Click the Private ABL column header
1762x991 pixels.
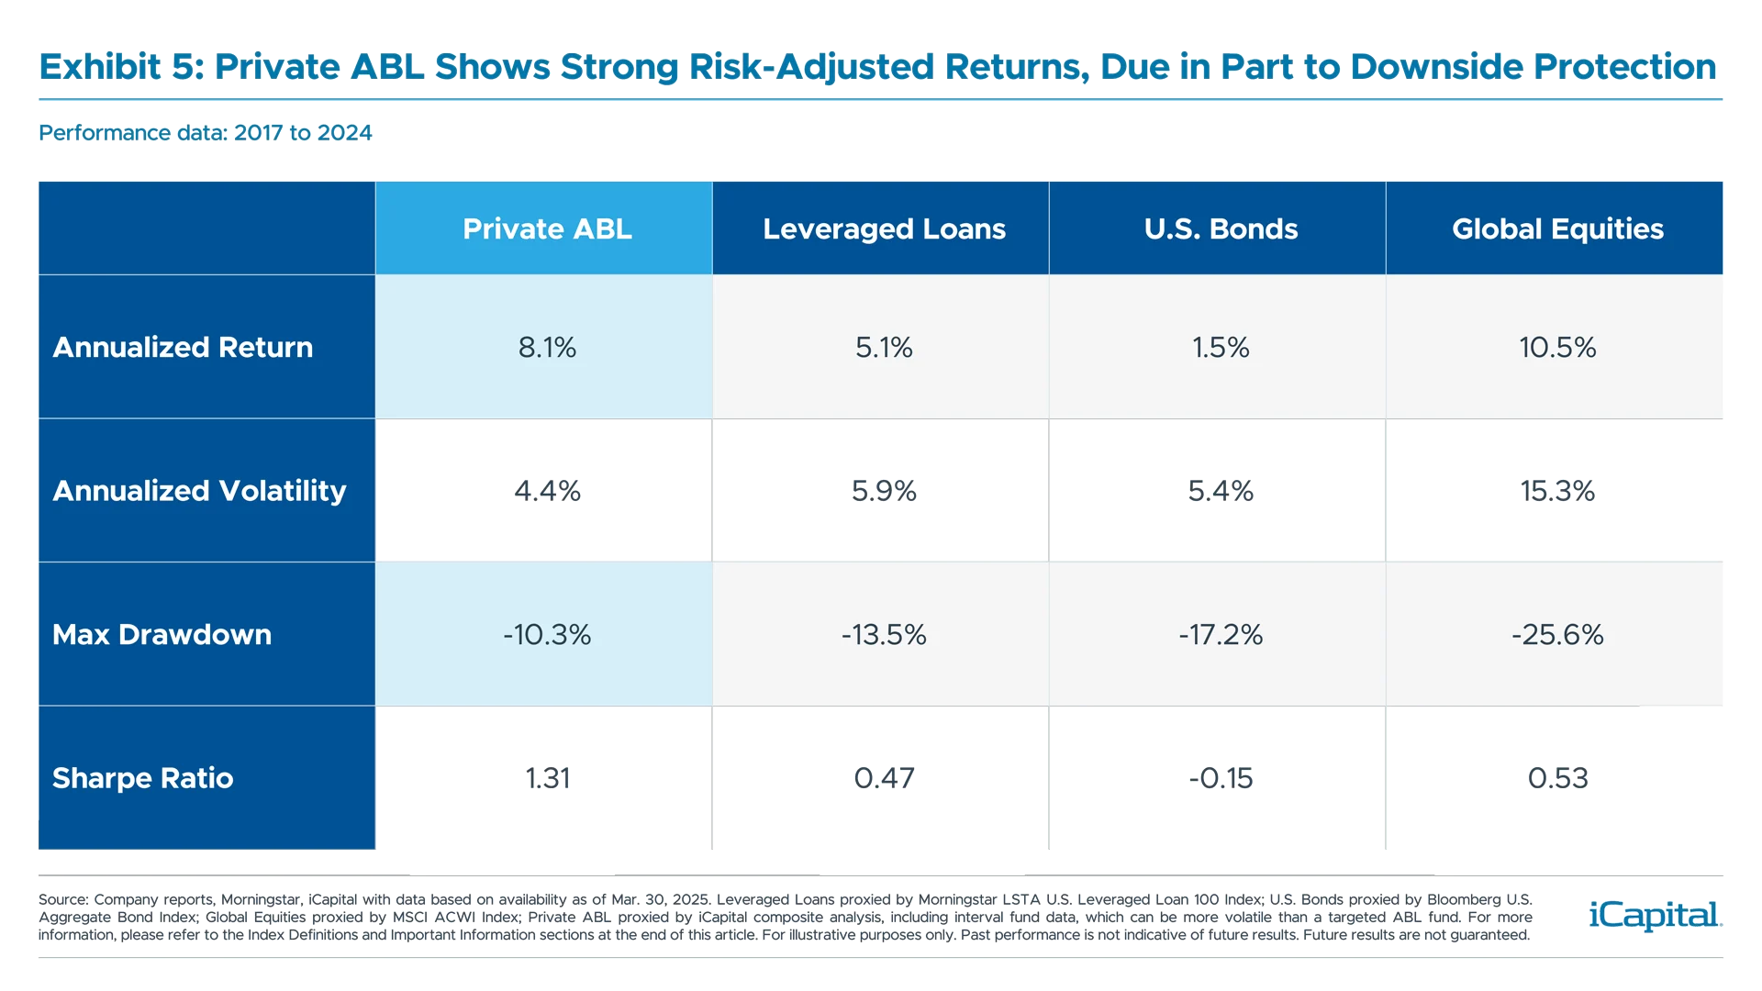(x=547, y=228)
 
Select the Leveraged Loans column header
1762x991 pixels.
(x=884, y=228)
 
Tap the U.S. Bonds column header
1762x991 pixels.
(x=1221, y=228)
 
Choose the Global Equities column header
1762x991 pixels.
(x=1557, y=228)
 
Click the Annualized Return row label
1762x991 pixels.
(x=183, y=347)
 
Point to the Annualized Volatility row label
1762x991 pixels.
(x=199, y=491)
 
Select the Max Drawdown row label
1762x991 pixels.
(x=162, y=634)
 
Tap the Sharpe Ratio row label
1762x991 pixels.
(x=142, y=778)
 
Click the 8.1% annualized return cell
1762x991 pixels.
(x=547, y=347)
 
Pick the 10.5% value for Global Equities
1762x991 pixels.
(x=1557, y=347)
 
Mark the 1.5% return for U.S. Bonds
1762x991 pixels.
(x=1221, y=347)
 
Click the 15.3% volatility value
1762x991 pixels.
(x=1557, y=491)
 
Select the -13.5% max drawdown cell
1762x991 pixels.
(x=884, y=634)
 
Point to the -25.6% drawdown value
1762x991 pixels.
(x=1557, y=634)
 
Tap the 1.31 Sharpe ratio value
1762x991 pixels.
(x=548, y=778)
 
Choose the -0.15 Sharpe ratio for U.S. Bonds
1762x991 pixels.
(x=1221, y=778)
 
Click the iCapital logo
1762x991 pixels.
(x=1652, y=915)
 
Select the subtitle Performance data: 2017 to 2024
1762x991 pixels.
(x=206, y=133)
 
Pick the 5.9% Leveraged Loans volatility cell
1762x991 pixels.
(x=884, y=491)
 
